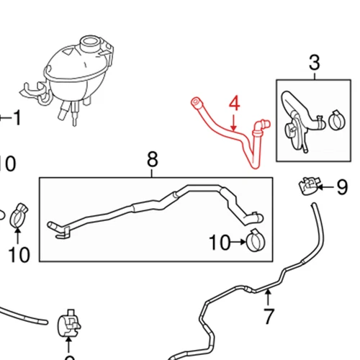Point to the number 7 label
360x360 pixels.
point(269,315)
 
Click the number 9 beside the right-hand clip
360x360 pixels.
point(341,189)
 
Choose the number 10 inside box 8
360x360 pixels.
point(220,243)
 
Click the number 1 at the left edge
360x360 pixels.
point(16,116)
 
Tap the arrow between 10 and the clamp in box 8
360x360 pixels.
point(238,243)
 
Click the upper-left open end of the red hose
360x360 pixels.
point(194,101)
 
